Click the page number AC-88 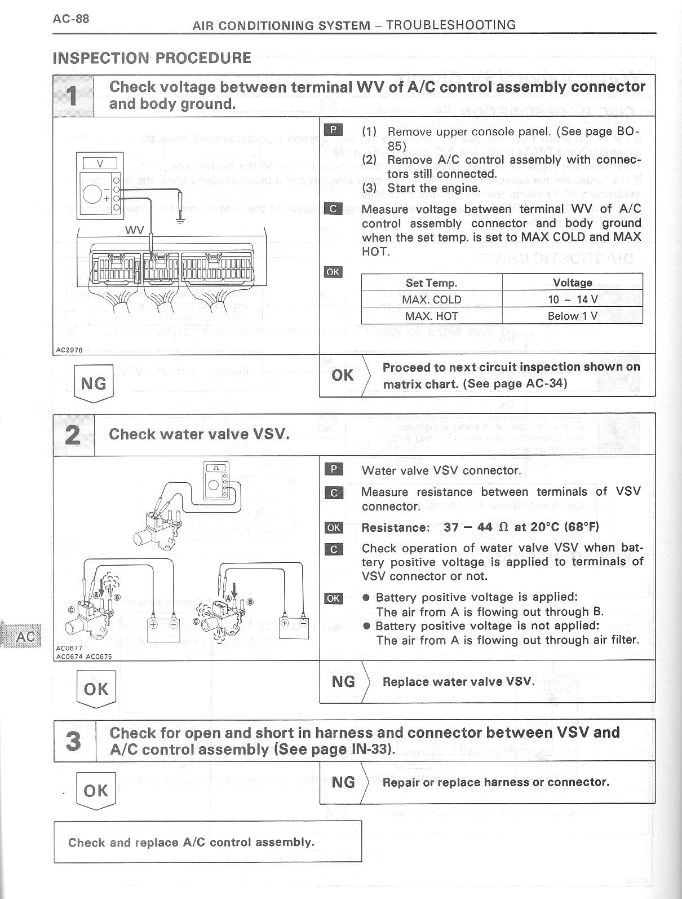click(x=70, y=19)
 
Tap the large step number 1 click(x=73, y=96)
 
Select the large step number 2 click(x=73, y=435)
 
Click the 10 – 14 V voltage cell click(x=572, y=299)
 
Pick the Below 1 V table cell click(x=572, y=316)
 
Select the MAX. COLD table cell click(x=431, y=299)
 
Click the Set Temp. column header click(x=431, y=283)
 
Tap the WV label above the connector click(x=134, y=230)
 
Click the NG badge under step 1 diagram click(x=94, y=384)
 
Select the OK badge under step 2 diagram click(x=95, y=689)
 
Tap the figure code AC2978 click(x=69, y=350)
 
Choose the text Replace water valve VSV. click(x=458, y=681)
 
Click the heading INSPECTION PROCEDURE click(x=152, y=58)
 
